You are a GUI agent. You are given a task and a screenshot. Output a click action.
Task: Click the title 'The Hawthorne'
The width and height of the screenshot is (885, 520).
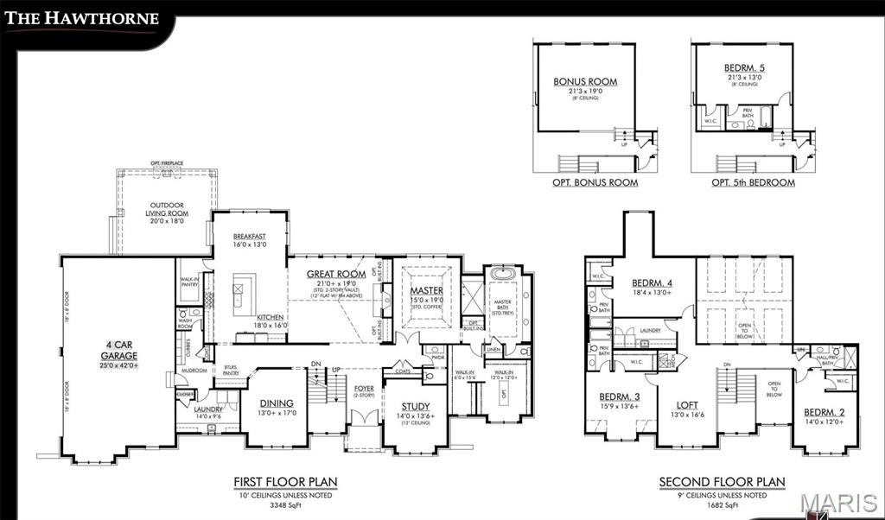pos(85,18)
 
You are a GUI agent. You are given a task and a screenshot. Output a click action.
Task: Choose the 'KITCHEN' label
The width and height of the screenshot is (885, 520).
pos(268,317)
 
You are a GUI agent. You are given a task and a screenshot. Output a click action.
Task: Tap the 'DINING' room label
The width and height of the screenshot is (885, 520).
pos(277,403)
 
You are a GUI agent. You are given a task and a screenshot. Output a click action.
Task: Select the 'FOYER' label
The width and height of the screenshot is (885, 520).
pos(364,389)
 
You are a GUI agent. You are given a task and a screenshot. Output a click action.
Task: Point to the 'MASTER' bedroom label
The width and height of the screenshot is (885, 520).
pos(426,291)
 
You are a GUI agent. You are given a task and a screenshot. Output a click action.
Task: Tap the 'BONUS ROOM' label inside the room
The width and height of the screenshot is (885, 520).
pos(585,82)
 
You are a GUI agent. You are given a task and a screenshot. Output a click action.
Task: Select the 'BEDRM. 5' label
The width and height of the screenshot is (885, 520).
pos(743,67)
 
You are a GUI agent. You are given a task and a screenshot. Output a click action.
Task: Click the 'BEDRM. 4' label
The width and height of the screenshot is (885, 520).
pos(653,283)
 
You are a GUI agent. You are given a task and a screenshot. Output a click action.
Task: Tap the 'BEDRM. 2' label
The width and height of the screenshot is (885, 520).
pos(824,412)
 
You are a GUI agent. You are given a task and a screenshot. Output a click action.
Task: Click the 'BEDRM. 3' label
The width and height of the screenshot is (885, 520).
pos(620,397)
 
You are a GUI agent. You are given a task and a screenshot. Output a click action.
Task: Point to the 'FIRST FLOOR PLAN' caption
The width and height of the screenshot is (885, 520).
pos(285,482)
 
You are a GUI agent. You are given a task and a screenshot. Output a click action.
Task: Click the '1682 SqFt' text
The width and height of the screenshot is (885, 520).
pos(722,504)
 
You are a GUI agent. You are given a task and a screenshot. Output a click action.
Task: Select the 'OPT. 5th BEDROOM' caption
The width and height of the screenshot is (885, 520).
pos(753,183)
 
